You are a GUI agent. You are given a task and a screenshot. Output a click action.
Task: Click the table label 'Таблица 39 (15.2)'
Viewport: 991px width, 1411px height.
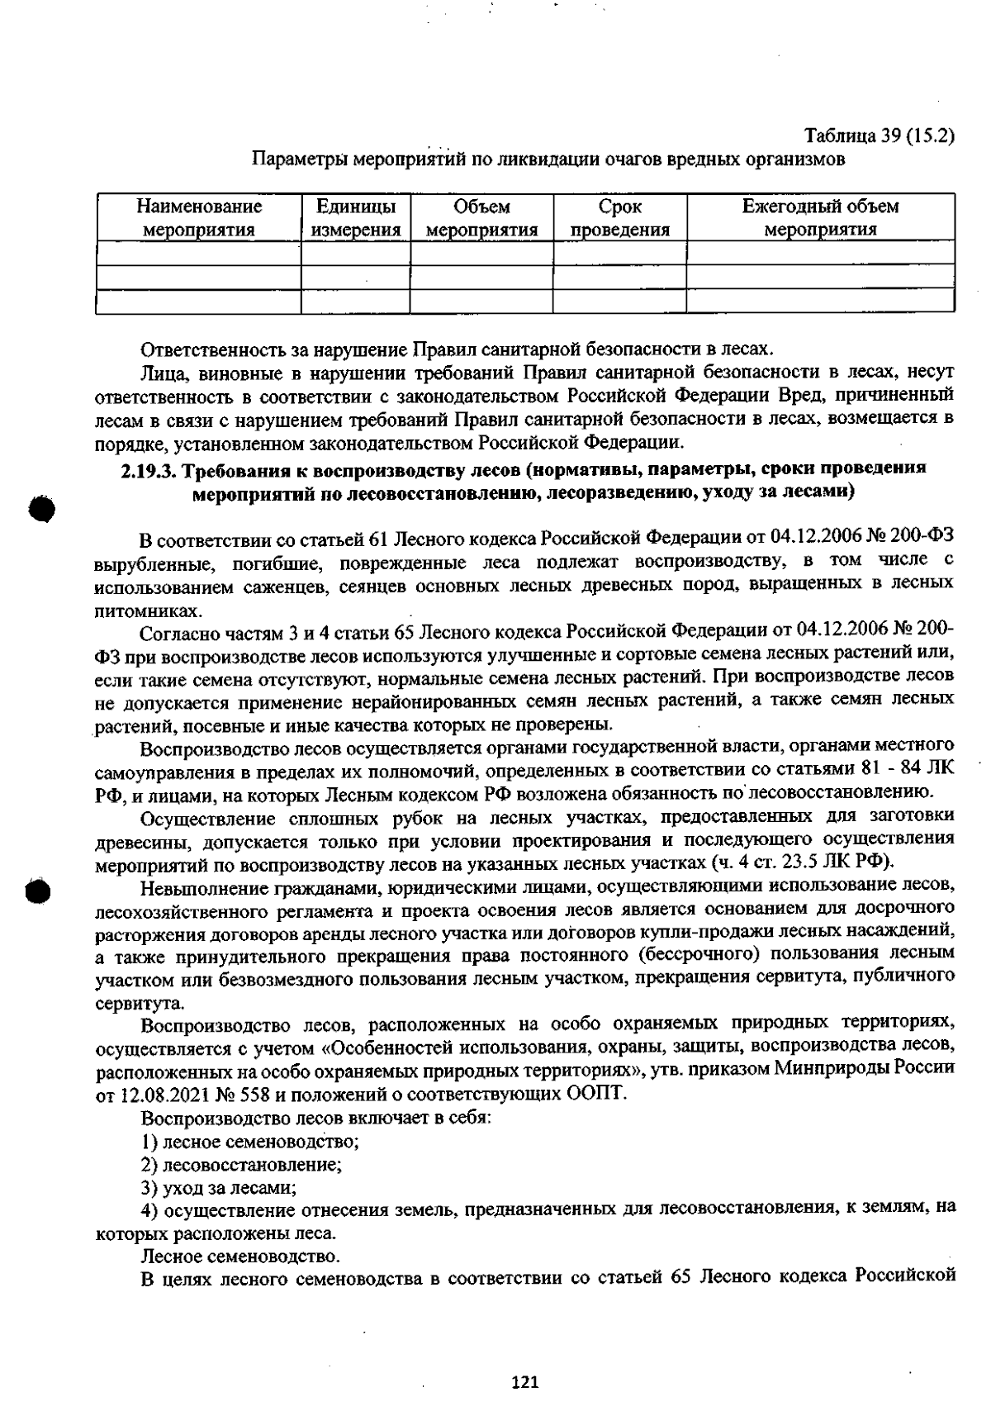(x=880, y=136)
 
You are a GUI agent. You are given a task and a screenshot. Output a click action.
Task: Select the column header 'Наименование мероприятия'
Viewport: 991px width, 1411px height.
(x=199, y=218)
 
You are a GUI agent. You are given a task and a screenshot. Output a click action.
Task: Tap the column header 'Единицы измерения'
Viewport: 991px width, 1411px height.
(x=356, y=218)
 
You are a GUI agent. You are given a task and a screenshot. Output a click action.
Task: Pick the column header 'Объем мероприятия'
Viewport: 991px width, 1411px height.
(x=482, y=218)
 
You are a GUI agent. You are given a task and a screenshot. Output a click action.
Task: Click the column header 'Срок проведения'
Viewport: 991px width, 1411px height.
(x=620, y=218)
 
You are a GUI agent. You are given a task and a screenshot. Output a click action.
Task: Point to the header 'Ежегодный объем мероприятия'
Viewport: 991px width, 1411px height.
(x=820, y=218)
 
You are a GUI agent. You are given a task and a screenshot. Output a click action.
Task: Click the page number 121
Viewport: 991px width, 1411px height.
(x=525, y=1381)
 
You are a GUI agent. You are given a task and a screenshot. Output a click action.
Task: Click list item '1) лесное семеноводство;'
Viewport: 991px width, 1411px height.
(x=250, y=1143)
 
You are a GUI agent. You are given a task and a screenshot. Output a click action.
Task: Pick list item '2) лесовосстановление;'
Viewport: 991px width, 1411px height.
(x=242, y=1166)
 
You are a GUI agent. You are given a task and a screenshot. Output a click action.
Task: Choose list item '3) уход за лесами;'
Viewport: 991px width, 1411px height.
(x=219, y=1189)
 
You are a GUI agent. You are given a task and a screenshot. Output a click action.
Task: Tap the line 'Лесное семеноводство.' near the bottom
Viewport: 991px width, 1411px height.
(x=240, y=1257)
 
